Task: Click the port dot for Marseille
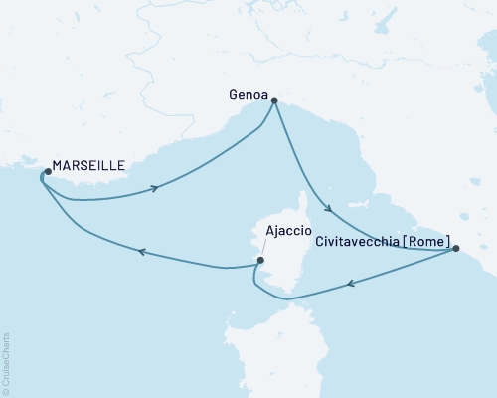point(45,173)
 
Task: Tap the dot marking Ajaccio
point(260,261)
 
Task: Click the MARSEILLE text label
point(89,166)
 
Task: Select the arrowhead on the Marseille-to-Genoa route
point(155,188)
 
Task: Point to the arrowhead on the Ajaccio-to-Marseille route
point(141,253)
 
